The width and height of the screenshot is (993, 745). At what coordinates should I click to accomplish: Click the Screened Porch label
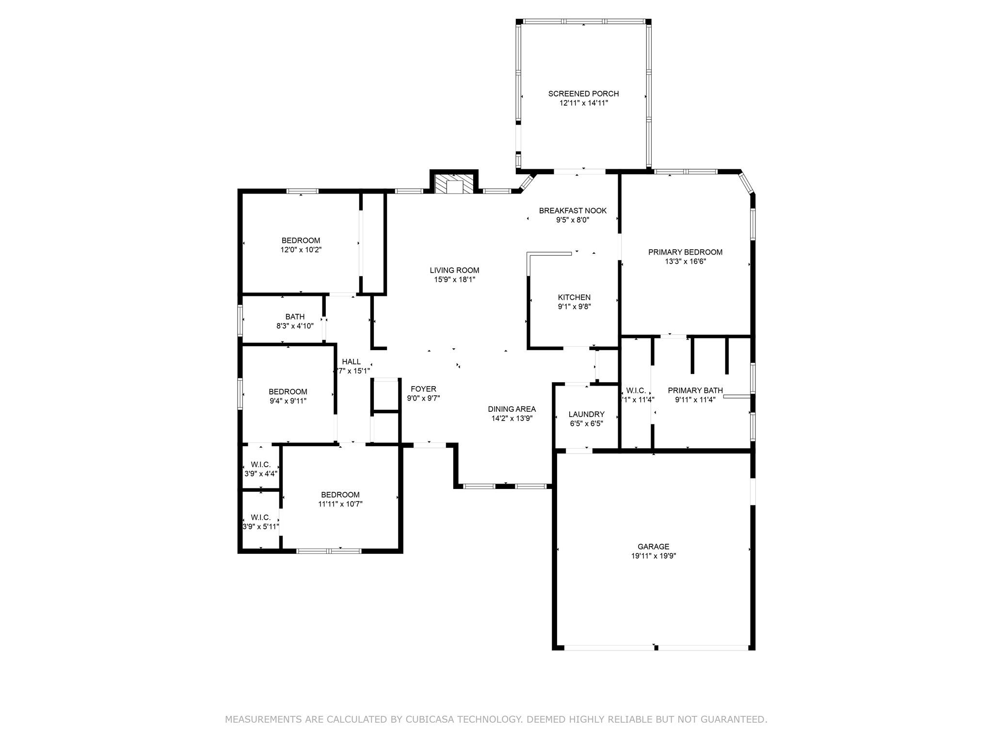point(583,94)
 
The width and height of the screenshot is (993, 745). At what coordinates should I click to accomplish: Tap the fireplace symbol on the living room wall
point(454,185)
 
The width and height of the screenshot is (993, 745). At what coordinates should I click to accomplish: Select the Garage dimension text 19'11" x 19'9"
point(653,556)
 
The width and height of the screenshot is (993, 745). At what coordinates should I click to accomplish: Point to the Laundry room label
point(586,414)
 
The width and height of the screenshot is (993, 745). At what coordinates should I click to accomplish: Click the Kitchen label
point(574,297)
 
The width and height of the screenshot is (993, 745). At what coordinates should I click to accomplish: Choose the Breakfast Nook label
point(573,211)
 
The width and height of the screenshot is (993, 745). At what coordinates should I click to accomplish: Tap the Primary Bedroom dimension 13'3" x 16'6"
point(685,261)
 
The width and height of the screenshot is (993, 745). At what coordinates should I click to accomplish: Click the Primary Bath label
point(695,390)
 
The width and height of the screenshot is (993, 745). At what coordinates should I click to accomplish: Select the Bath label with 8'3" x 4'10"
point(295,317)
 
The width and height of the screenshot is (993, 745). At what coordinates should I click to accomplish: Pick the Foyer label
point(423,389)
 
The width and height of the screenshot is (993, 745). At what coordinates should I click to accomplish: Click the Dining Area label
point(512,409)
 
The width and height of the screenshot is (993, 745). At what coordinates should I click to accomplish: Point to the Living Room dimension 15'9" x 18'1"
point(454,280)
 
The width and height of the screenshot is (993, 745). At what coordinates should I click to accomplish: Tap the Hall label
point(351,362)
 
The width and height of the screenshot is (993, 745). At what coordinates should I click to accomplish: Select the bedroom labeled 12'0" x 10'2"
point(301,241)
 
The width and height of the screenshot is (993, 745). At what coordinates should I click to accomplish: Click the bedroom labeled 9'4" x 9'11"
point(288,392)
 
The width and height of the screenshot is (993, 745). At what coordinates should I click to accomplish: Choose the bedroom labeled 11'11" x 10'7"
point(340,495)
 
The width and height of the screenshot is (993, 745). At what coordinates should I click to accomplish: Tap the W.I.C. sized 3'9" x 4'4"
point(261,465)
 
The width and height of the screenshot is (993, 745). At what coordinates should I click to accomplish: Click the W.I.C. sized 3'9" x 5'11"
point(261,518)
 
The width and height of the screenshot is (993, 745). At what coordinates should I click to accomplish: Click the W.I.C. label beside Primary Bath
point(636,390)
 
